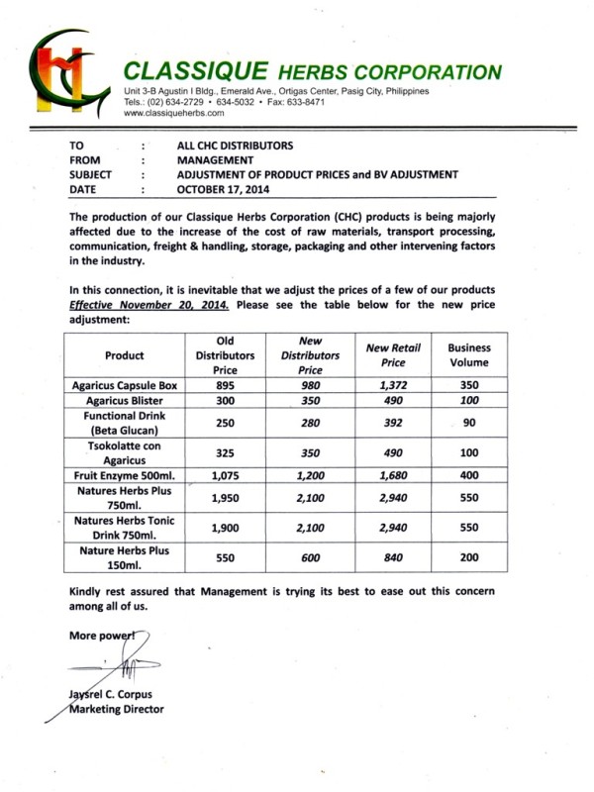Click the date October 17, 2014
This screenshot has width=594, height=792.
pyautogui.click(x=224, y=190)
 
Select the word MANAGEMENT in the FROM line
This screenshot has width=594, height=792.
pyautogui.click(x=215, y=159)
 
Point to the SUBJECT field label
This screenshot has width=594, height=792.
pyautogui.click(x=91, y=174)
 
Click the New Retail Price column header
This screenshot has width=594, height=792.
pyautogui.click(x=393, y=355)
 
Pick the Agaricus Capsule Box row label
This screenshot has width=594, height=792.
pyautogui.click(x=125, y=384)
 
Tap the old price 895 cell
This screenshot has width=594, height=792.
pyautogui.click(x=225, y=384)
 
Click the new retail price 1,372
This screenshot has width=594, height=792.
pyautogui.click(x=393, y=384)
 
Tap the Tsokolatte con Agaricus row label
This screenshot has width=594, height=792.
pyautogui.click(x=125, y=451)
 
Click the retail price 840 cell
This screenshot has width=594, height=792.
pyautogui.click(x=393, y=557)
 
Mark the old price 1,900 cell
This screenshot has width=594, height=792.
pyautogui.click(x=225, y=529)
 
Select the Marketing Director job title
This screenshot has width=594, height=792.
pyautogui.click(x=117, y=709)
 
